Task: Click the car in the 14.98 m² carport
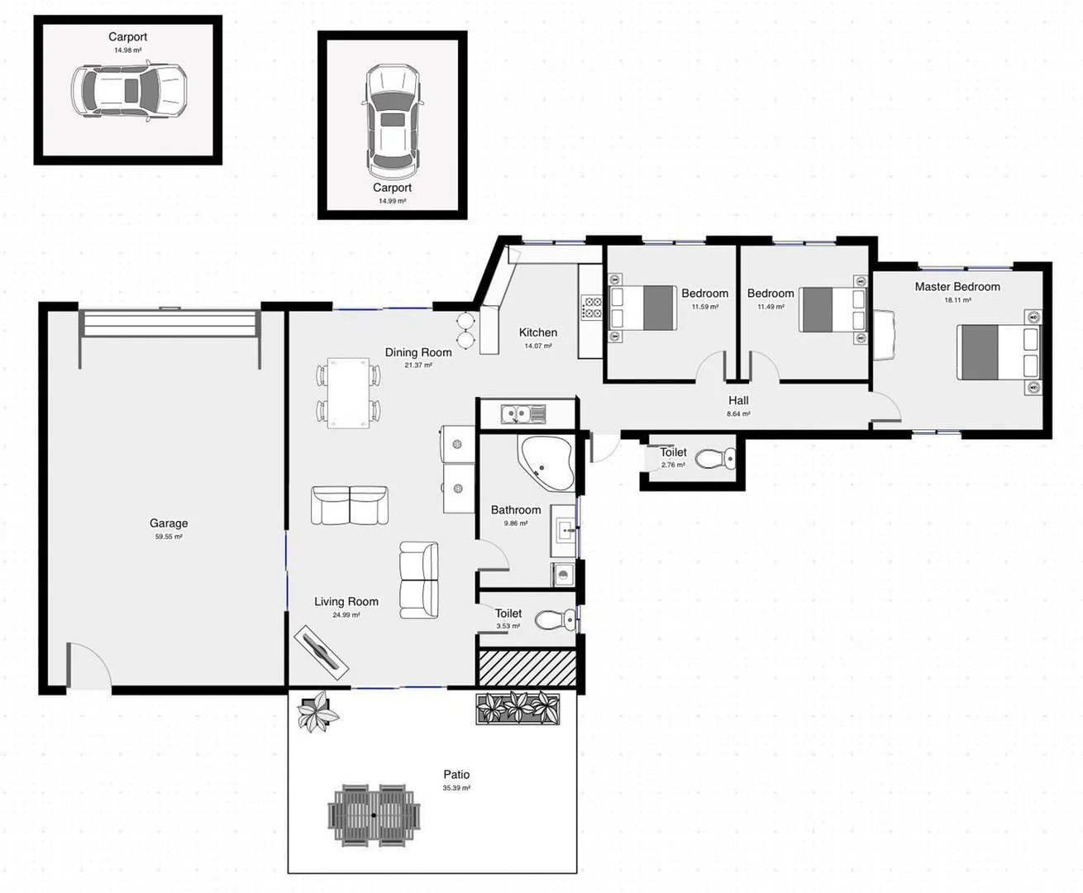point(128,91)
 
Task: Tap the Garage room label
point(169,523)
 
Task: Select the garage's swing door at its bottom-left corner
point(88,666)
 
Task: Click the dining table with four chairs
point(348,393)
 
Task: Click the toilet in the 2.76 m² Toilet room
point(716,458)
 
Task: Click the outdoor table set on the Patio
point(374,815)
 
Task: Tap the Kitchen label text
point(538,332)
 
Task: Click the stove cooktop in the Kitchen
point(592,308)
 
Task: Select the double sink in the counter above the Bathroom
point(522,413)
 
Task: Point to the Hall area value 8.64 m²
point(738,413)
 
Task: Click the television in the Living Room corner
point(322,650)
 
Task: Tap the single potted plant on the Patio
point(317,711)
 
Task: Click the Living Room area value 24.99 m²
point(346,615)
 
